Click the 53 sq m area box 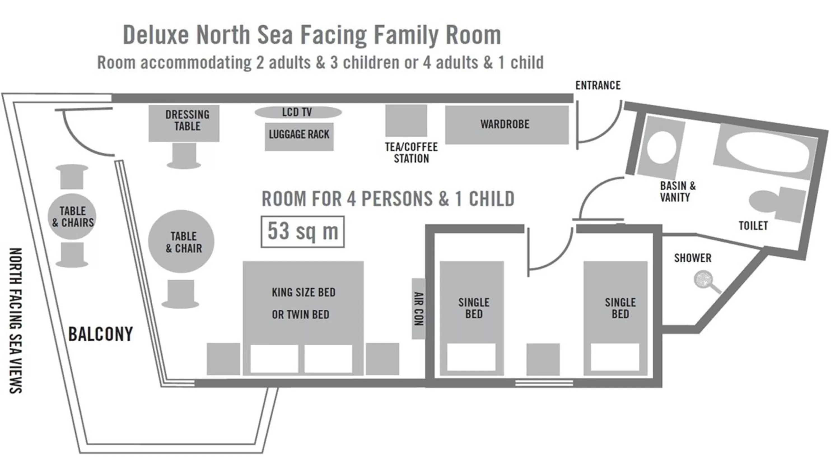point(302,231)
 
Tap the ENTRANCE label point(598,85)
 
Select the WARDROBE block point(507,124)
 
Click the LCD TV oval point(298,112)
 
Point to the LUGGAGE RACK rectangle point(299,137)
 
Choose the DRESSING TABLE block point(184,123)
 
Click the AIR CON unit point(418,309)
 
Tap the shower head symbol point(704,280)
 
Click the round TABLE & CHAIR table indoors point(181,242)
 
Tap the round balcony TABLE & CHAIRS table point(72,216)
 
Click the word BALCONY point(101,334)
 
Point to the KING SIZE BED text point(303,293)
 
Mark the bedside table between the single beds point(543,359)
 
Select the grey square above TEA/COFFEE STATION point(406,120)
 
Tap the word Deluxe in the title point(156,34)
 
